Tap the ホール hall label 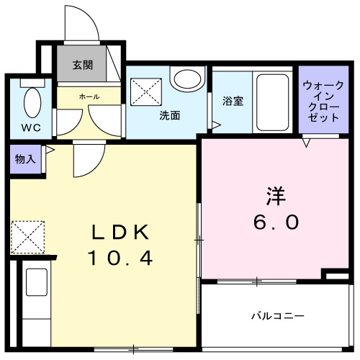(x=89, y=96)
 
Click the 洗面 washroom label (x=169, y=114)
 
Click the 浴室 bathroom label (x=233, y=101)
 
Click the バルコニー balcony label (x=277, y=315)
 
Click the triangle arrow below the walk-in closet (x=306, y=143)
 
